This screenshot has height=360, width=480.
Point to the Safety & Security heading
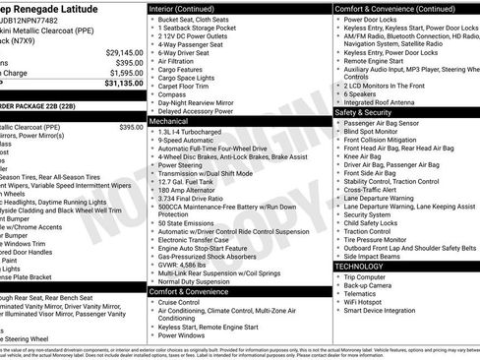[x=368, y=112]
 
